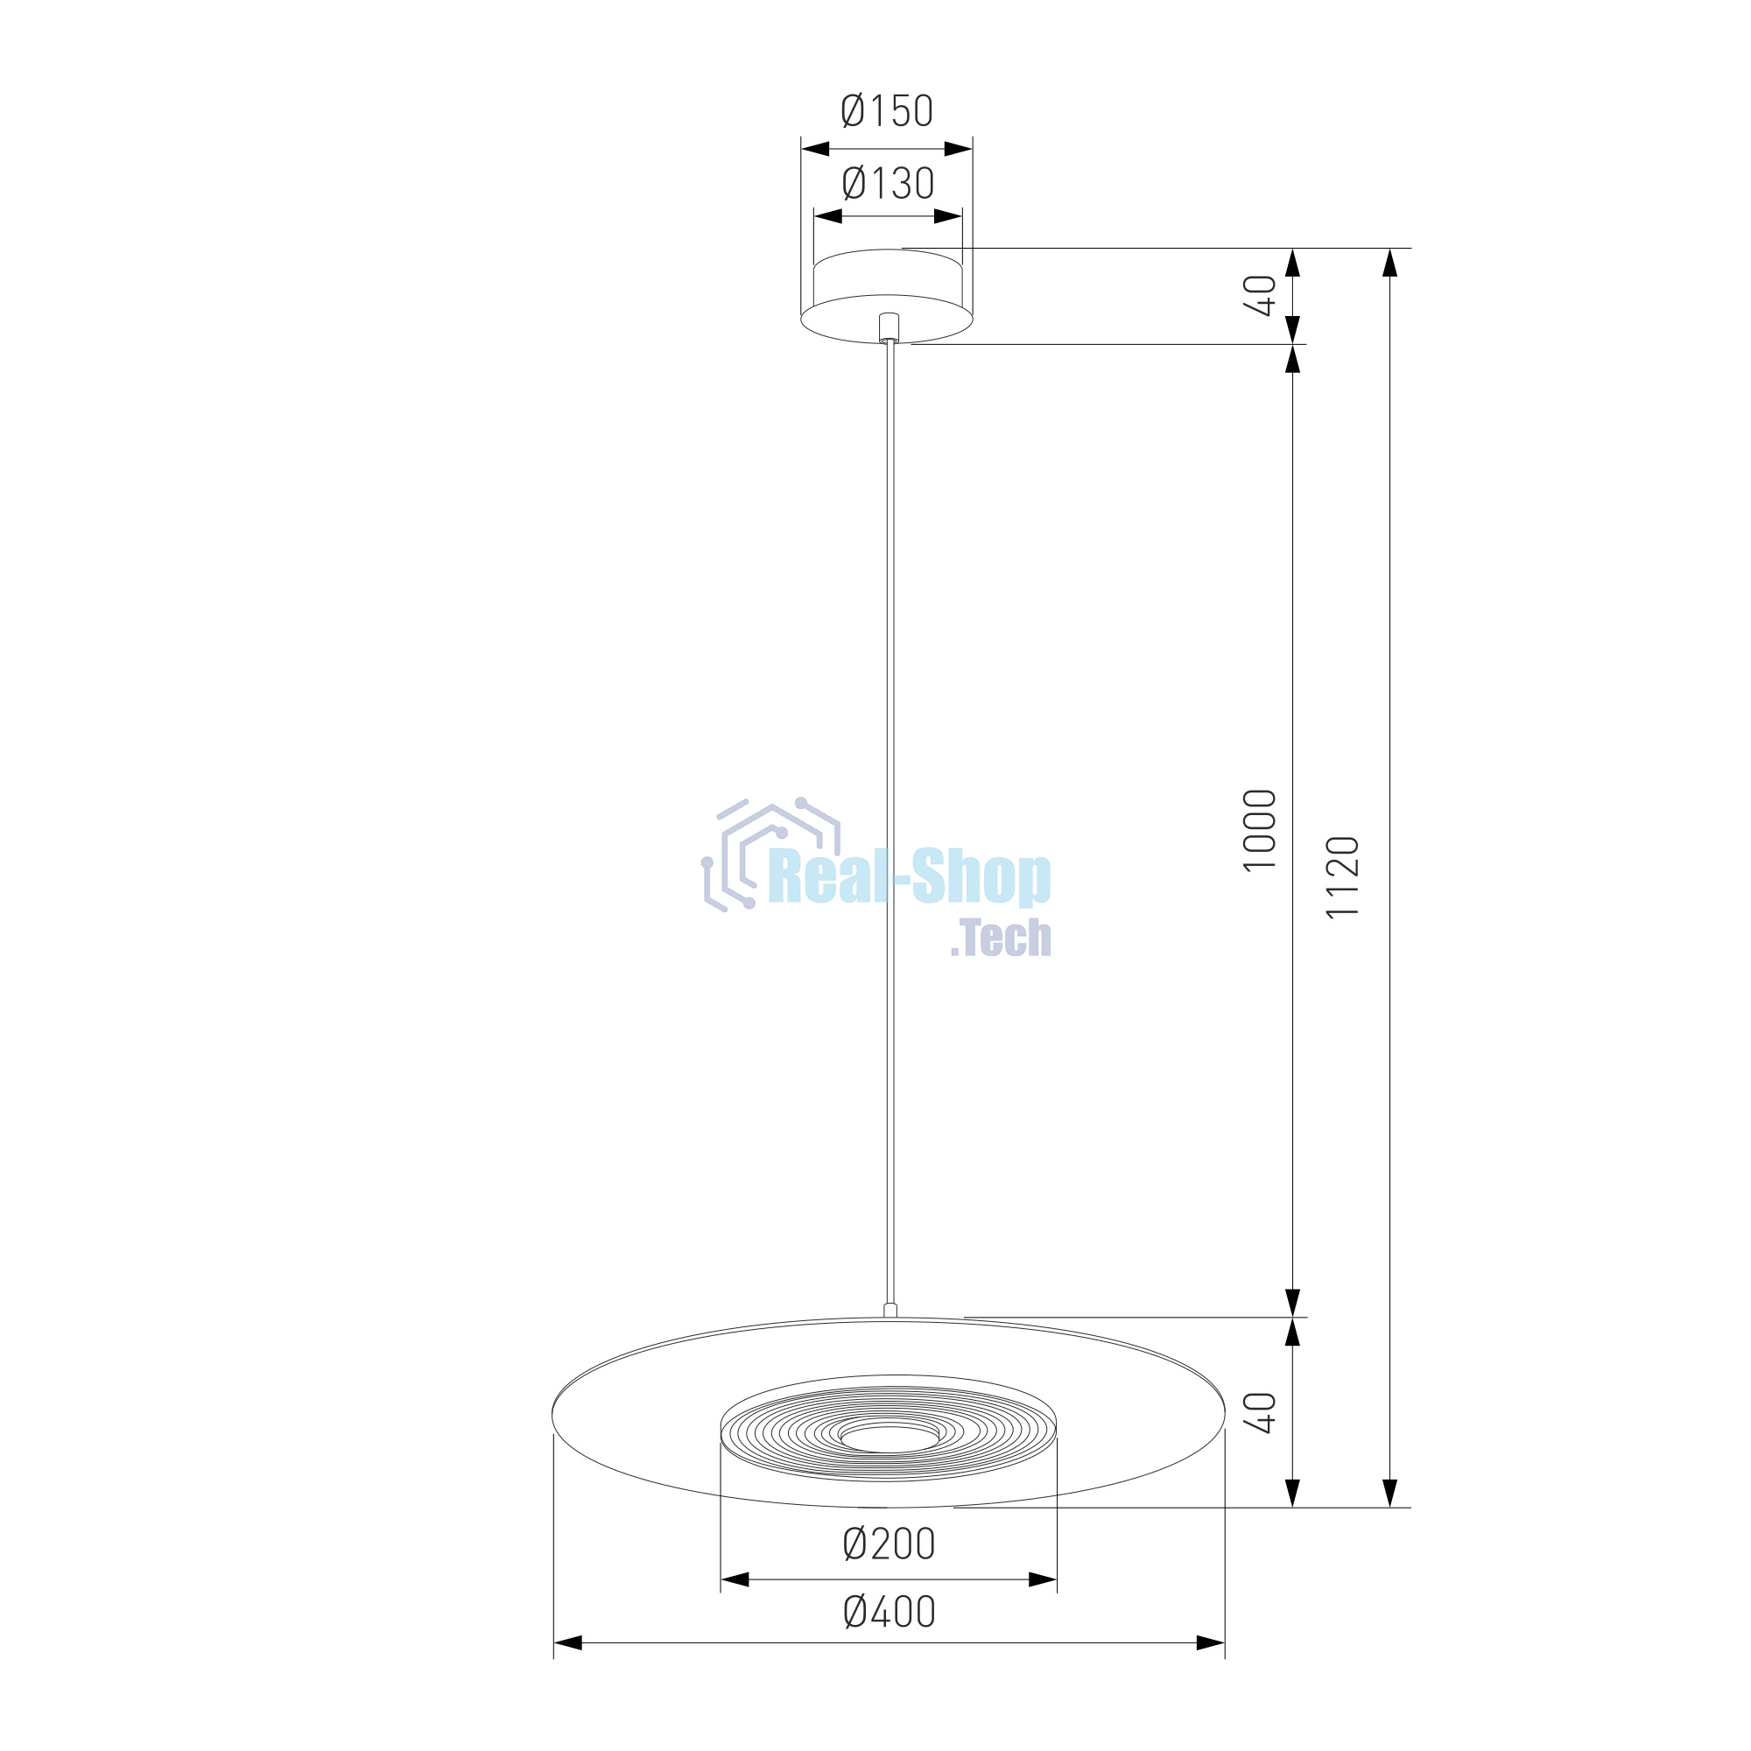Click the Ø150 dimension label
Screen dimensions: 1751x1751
pyautogui.click(x=886, y=110)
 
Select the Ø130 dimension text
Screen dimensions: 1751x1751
pyautogui.click(x=887, y=183)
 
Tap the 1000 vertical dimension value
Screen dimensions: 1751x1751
pyautogui.click(x=1259, y=830)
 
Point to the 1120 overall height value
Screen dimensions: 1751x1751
pyautogui.click(x=1342, y=876)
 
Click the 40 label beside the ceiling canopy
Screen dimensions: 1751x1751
pyautogui.click(x=1259, y=295)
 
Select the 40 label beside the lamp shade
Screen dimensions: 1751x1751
pyautogui.click(x=1259, y=1412)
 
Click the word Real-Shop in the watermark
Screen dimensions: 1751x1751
pyautogui.click(x=909, y=877)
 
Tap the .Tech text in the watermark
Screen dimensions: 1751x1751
pyautogui.click(x=1001, y=938)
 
